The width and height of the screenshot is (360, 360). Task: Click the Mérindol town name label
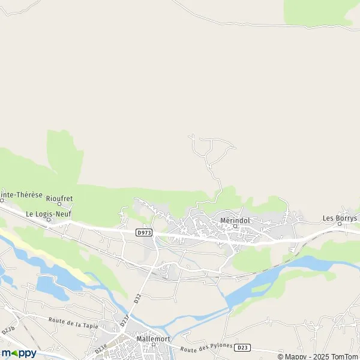[x=235, y=220]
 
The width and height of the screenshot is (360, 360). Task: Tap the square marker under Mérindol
[x=235, y=227]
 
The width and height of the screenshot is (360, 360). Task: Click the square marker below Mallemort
[x=153, y=344]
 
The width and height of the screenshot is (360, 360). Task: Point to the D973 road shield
[x=143, y=233]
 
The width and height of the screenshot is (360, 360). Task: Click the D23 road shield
[x=242, y=347]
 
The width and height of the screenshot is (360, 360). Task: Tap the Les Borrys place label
[x=340, y=218]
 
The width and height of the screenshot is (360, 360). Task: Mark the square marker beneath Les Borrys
[x=339, y=224]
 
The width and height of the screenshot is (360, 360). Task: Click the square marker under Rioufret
[x=59, y=203]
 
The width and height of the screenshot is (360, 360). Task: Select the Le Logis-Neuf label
[x=49, y=213]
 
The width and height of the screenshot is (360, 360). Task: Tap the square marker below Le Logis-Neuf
[x=49, y=220]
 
